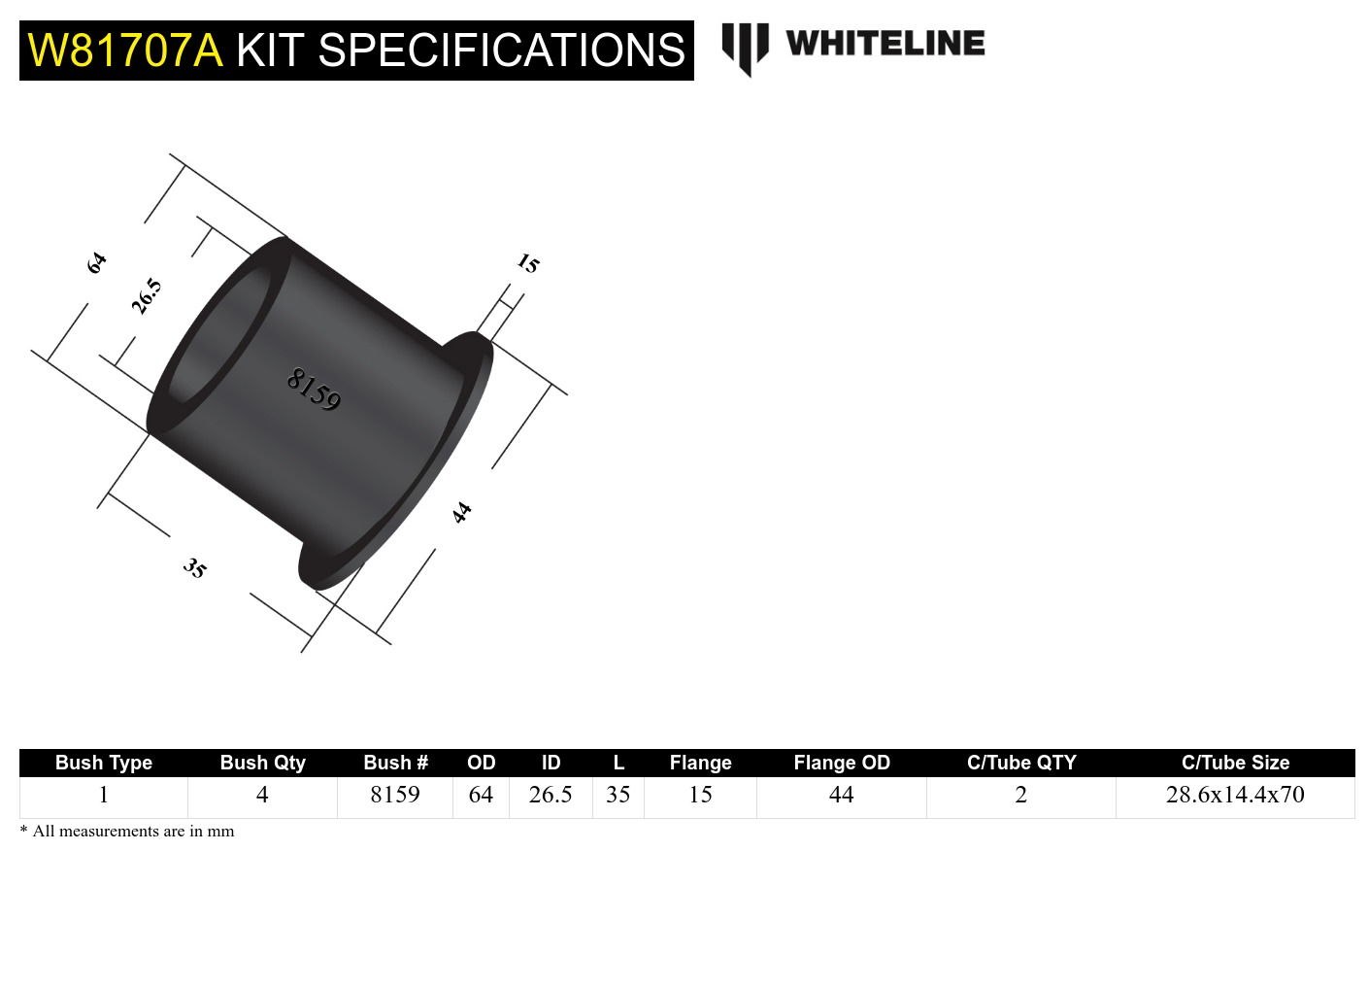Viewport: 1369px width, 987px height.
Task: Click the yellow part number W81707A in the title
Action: point(125,51)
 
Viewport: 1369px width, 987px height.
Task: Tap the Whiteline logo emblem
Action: point(745,47)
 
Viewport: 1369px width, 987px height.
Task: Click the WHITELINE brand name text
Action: point(885,44)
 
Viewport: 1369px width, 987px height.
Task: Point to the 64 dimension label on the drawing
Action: point(96,263)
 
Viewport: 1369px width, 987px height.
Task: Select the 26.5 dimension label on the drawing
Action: point(147,296)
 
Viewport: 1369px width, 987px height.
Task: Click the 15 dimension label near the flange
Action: point(527,263)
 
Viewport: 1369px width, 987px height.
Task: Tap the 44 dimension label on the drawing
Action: point(462,512)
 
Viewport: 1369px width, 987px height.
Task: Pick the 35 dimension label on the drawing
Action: point(195,568)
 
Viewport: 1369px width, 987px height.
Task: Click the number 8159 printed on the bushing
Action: point(314,390)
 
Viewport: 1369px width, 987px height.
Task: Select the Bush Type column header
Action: point(104,763)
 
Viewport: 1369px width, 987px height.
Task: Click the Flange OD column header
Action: point(841,763)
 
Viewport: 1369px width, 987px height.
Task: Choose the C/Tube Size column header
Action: point(1235,763)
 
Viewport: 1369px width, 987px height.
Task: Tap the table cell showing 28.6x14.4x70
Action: point(1235,795)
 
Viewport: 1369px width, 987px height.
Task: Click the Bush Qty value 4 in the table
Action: point(262,795)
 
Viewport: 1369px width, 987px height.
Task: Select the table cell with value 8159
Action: point(395,795)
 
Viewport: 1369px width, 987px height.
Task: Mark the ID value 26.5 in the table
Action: point(551,795)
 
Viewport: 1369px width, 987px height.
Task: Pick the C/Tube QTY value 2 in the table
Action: point(1020,795)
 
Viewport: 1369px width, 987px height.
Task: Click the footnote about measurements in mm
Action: point(127,832)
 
